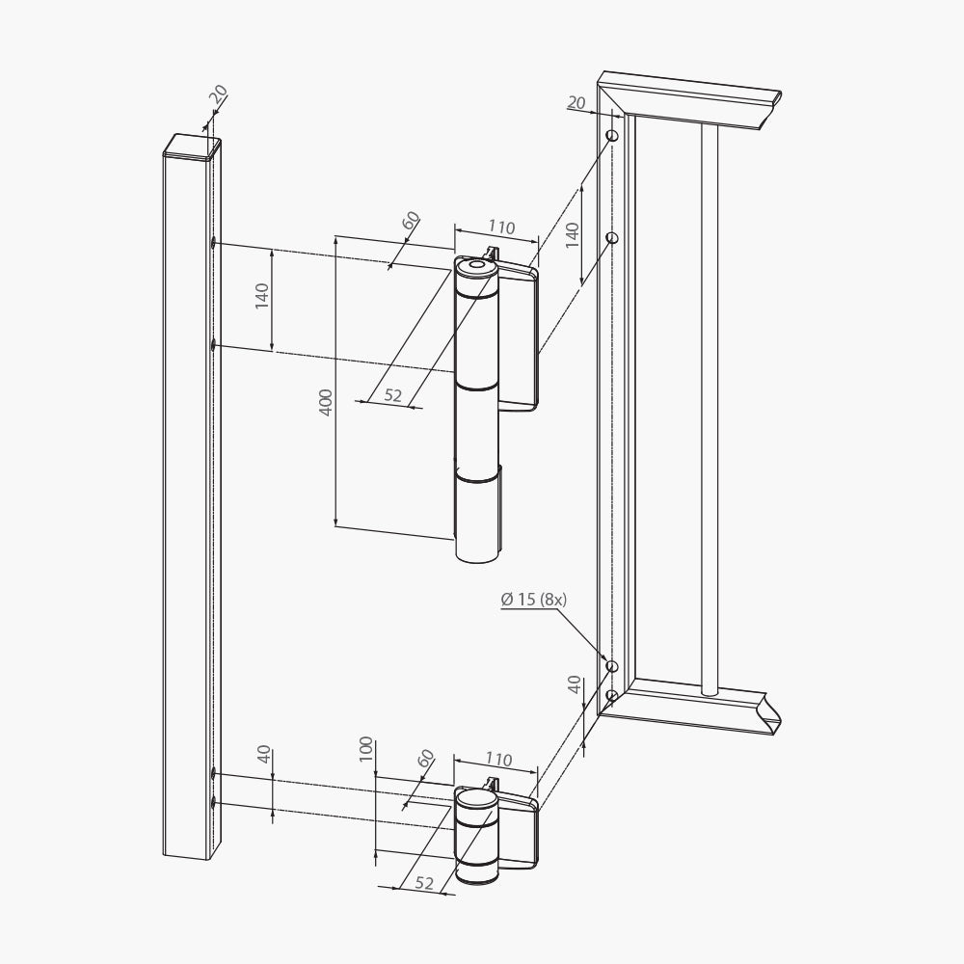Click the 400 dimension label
(x=327, y=402)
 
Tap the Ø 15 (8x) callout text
(x=534, y=599)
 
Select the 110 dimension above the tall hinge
(x=501, y=228)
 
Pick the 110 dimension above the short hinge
(x=498, y=760)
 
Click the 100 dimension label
(x=366, y=749)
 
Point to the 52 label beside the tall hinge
(x=393, y=394)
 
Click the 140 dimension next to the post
(x=262, y=296)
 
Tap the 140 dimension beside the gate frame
(x=573, y=235)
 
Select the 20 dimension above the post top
(x=218, y=94)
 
